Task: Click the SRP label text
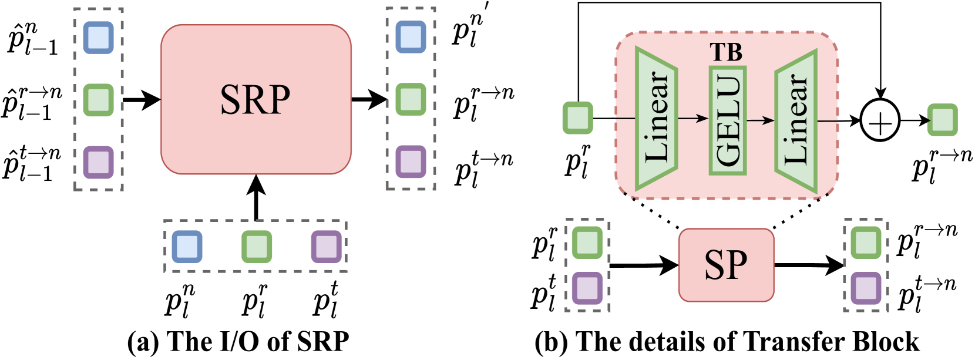point(255,99)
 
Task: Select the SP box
point(726,265)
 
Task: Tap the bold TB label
point(726,53)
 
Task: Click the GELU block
point(728,120)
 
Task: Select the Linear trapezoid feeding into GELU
point(657,119)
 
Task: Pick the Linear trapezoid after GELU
point(796,120)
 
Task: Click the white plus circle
point(880,120)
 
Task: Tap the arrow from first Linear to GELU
point(694,119)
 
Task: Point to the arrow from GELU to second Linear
point(761,120)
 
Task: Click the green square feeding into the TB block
point(578,117)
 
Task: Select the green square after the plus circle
point(942,120)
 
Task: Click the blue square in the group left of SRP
point(98,38)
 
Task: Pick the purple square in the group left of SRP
point(98,162)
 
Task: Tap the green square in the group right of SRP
point(411,99)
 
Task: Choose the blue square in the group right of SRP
point(411,37)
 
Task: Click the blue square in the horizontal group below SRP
point(187,247)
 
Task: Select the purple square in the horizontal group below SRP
point(326,247)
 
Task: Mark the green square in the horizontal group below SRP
point(257,247)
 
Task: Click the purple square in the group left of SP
point(587,288)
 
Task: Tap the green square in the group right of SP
point(866,243)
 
